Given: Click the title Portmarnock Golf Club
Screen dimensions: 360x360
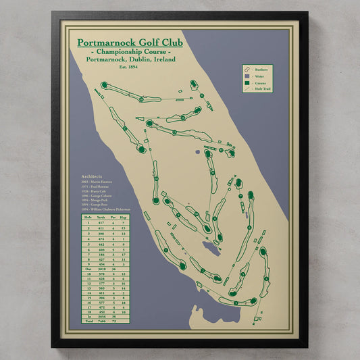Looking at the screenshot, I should point(130,43).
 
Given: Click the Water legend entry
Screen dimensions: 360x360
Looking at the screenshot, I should point(260,76).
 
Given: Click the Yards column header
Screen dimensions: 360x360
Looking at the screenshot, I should point(101,217).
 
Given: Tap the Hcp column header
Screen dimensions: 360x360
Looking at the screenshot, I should point(124,217).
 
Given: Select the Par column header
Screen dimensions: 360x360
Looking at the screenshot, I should point(113,217).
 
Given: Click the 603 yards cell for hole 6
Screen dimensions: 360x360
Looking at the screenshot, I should point(101,249).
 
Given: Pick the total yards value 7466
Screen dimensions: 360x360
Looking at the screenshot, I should point(101,322).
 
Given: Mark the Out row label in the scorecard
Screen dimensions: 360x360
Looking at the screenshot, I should point(87,268).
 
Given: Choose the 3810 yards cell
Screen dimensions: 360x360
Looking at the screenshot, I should point(101,268).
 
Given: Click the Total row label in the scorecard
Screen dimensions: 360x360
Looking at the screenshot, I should point(87,322).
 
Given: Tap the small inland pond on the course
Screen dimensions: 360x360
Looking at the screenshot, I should point(211,249).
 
